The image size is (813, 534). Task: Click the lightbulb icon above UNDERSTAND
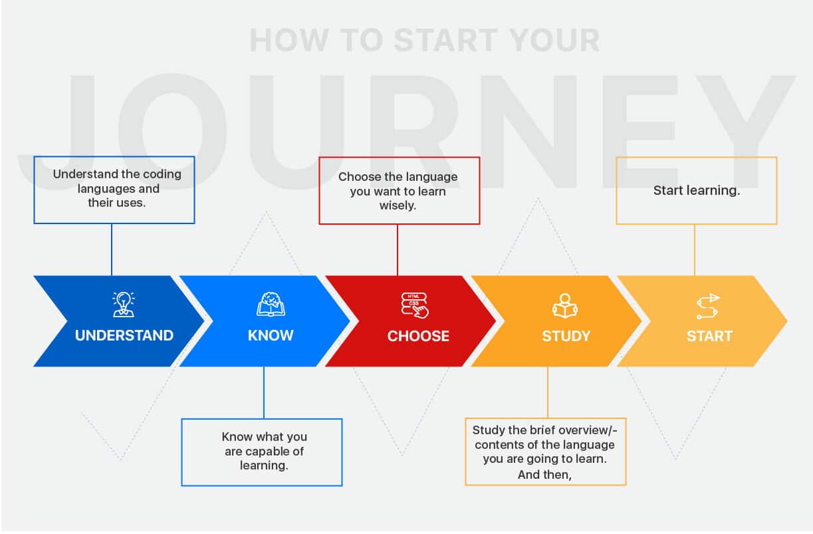(x=124, y=303)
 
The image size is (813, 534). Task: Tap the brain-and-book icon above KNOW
(x=271, y=303)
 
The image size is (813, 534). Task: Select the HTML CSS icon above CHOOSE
(x=415, y=305)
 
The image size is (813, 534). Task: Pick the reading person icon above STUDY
(x=564, y=305)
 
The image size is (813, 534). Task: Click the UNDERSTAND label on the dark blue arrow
(x=124, y=336)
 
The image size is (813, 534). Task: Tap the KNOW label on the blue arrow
(x=271, y=336)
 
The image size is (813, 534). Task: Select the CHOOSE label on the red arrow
(x=418, y=336)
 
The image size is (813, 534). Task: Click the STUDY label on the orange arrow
(x=566, y=336)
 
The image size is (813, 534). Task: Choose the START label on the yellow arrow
(x=709, y=336)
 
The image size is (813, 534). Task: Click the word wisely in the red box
(x=398, y=206)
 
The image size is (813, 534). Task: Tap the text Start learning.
(x=697, y=191)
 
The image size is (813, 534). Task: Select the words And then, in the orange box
(x=544, y=475)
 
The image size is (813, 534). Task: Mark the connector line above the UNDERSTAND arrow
(x=112, y=249)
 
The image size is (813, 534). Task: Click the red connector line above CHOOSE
(x=398, y=249)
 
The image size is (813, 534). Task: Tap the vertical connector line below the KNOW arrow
(x=263, y=392)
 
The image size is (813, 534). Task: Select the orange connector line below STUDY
(x=548, y=392)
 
